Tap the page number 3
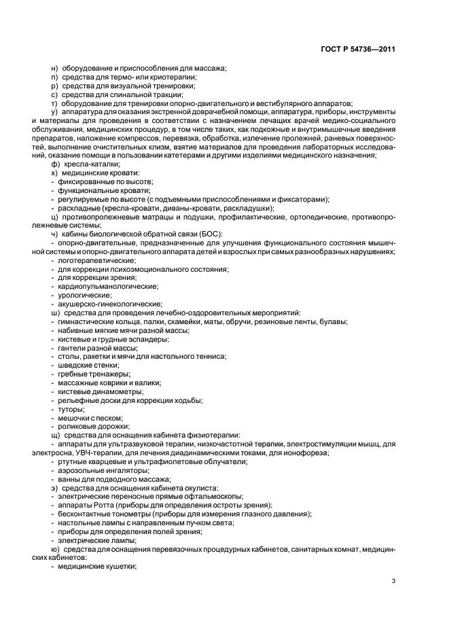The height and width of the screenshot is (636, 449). [x=394, y=580]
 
